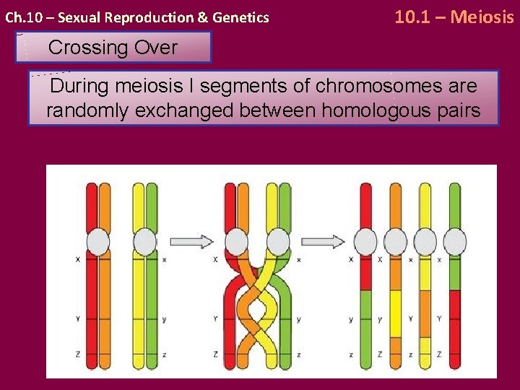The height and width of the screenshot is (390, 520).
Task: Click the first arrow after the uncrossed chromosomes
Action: tap(193, 241)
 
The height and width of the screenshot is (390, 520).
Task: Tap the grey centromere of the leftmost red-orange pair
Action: tap(97, 241)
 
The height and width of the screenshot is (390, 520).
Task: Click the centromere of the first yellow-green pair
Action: tap(145, 241)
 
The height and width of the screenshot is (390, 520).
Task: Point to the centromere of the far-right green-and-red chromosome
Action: tap(455, 241)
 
